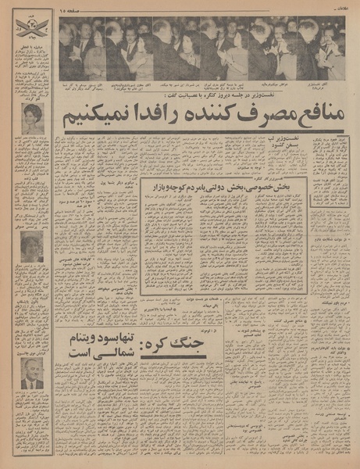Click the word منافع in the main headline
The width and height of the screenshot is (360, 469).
[x=315, y=117]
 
